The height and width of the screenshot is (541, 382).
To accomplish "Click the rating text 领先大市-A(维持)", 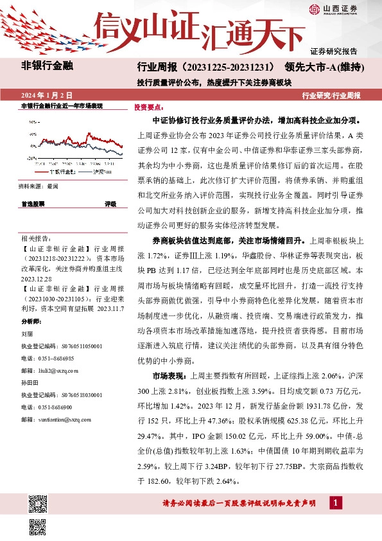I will click(328, 67).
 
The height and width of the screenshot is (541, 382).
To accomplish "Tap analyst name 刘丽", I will click(27, 334).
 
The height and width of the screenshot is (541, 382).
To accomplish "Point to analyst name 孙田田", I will click(30, 382).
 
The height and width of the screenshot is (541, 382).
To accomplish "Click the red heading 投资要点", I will click(148, 107).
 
